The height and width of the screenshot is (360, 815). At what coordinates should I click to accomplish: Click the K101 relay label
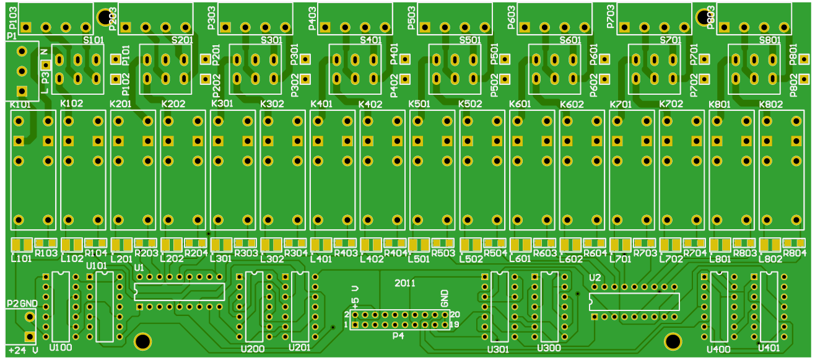click(20, 105)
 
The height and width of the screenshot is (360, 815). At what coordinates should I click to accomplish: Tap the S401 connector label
click(370, 40)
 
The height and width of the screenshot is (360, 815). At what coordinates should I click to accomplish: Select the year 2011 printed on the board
click(405, 283)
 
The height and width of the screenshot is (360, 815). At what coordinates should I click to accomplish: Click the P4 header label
click(398, 336)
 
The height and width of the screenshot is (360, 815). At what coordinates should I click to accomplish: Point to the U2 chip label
click(596, 277)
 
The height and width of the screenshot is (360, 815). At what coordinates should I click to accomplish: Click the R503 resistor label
click(443, 253)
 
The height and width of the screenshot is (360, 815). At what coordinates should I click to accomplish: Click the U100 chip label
click(60, 348)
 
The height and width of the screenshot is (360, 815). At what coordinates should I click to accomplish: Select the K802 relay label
click(771, 105)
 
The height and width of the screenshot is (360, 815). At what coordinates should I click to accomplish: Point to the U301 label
click(498, 349)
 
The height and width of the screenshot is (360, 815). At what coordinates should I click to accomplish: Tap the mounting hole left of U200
click(142, 341)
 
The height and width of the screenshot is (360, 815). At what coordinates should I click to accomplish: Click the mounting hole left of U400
click(673, 341)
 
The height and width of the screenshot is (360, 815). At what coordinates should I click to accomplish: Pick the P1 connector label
click(11, 37)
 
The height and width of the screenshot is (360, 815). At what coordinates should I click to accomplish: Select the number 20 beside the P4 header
click(455, 315)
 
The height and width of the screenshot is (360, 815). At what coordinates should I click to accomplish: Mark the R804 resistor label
click(794, 253)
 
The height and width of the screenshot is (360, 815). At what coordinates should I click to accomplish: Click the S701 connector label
click(671, 40)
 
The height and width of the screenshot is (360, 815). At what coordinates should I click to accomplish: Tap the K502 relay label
click(470, 105)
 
